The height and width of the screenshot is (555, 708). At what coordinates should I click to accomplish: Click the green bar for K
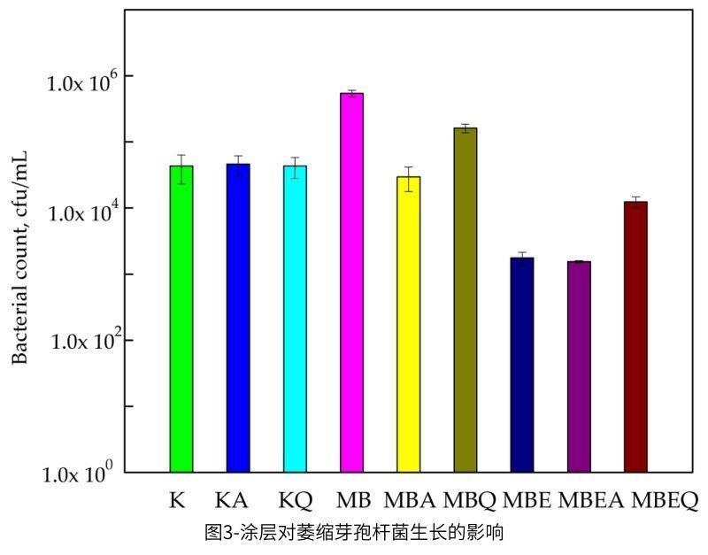click(181, 319)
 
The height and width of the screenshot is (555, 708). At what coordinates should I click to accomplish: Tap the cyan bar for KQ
click(295, 319)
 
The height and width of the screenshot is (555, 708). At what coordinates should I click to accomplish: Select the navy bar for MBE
click(522, 364)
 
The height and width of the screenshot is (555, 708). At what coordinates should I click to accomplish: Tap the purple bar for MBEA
click(579, 366)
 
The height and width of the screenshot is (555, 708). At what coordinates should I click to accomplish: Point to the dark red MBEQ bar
click(635, 336)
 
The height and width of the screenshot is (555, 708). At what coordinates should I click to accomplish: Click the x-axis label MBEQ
click(665, 501)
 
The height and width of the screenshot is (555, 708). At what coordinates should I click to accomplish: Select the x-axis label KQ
click(295, 501)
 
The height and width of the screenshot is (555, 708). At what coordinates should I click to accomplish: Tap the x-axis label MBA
click(408, 501)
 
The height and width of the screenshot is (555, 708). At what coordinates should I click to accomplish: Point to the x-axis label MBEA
click(590, 501)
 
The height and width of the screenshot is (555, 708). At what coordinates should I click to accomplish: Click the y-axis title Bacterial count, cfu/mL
click(20, 257)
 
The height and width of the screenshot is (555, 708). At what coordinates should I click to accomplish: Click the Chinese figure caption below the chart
click(354, 533)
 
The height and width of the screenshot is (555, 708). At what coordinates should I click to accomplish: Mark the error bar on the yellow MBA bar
click(408, 178)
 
